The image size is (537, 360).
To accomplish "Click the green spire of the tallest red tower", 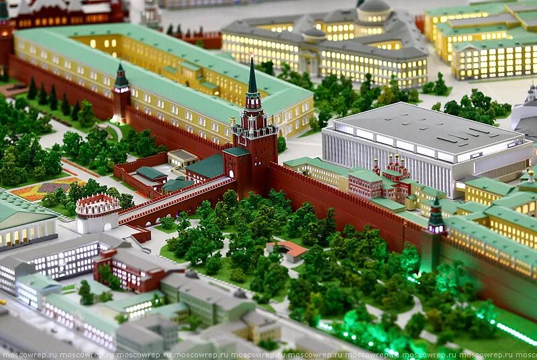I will tap(252, 77).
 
